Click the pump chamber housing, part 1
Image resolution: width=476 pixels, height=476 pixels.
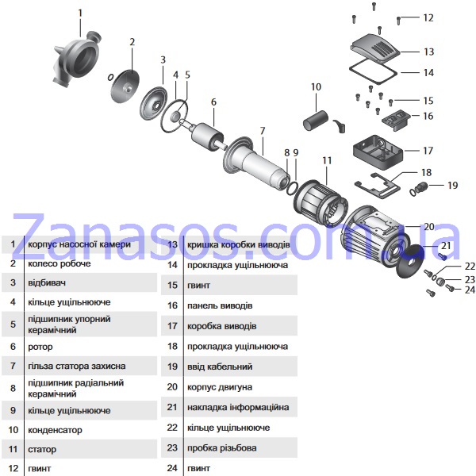tap(76, 59)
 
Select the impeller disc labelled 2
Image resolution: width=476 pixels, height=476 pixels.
tap(125, 86)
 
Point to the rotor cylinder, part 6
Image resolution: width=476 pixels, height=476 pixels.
tap(208, 136)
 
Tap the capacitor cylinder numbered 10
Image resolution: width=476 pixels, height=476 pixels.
tap(316, 121)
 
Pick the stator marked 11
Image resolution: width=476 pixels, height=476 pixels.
tap(321, 203)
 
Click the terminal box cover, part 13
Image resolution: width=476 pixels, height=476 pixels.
tap(375, 48)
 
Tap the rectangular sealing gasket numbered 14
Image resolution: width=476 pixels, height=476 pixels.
tap(373, 71)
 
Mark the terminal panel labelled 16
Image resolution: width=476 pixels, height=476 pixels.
tap(397, 120)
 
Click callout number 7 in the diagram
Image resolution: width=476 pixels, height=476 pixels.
tap(263, 131)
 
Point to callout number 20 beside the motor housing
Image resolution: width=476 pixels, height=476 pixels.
tap(429, 227)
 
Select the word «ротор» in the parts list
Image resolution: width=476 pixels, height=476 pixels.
tap(40, 347)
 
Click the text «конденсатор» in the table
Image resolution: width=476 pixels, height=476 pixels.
tap(55, 430)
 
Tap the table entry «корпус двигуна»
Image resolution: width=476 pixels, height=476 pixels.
tap(220, 387)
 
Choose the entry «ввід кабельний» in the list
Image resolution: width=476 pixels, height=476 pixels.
tap(220, 367)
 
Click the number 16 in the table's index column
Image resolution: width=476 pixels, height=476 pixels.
tap(172, 305)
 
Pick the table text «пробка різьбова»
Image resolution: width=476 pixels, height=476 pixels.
tap(222, 448)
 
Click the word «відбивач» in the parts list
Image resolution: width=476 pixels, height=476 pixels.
tap(47, 283)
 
